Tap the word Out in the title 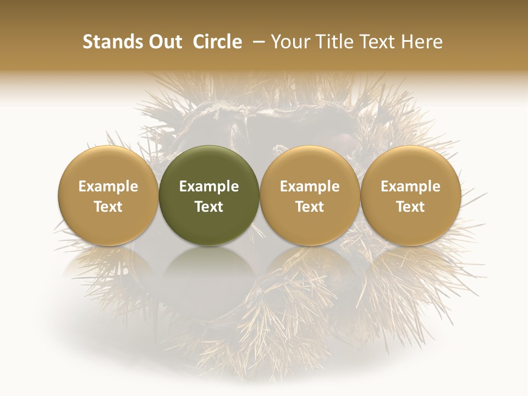click(163, 42)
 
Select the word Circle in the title click(217, 42)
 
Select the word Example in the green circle click(209, 187)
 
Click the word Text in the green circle click(209, 207)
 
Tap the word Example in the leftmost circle click(108, 187)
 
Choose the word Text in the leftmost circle click(108, 207)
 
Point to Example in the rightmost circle click(411, 187)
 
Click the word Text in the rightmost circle click(411, 207)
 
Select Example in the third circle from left click(310, 187)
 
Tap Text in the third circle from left click(310, 207)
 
